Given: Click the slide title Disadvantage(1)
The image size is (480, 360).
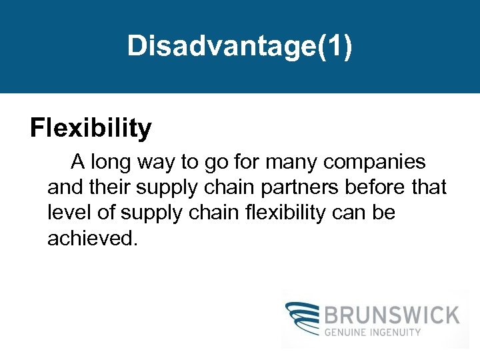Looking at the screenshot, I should (239, 45).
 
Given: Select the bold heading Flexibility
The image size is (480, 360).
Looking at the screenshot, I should (91, 128).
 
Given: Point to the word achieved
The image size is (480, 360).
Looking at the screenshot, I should (92, 238).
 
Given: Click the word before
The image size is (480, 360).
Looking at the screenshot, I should (374, 187).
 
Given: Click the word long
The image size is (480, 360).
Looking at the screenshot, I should (115, 162).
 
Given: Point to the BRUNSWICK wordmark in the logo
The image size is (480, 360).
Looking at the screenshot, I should (392, 315).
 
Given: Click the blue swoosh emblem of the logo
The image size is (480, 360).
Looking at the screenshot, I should (303, 319).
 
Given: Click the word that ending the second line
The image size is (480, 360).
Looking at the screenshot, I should (429, 187).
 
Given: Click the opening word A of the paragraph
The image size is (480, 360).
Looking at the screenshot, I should (78, 162).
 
